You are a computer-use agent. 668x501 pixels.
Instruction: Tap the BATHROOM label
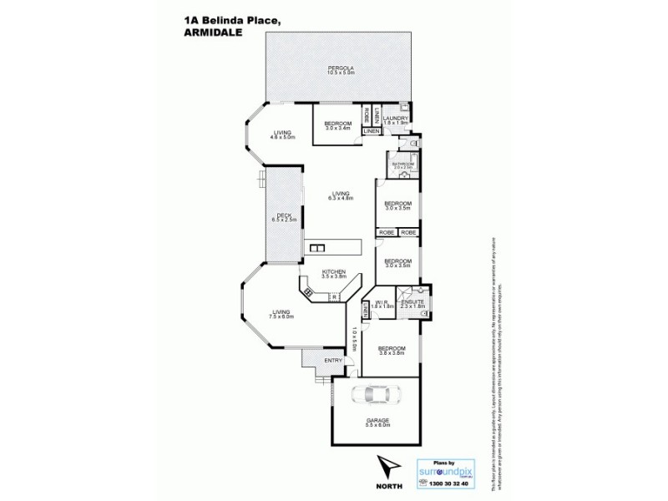click(403, 163)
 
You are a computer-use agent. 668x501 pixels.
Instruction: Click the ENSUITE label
click(413, 302)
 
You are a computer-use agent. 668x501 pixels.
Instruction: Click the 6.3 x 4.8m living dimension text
click(342, 199)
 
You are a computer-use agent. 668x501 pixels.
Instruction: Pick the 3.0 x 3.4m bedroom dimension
click(337, 129)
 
